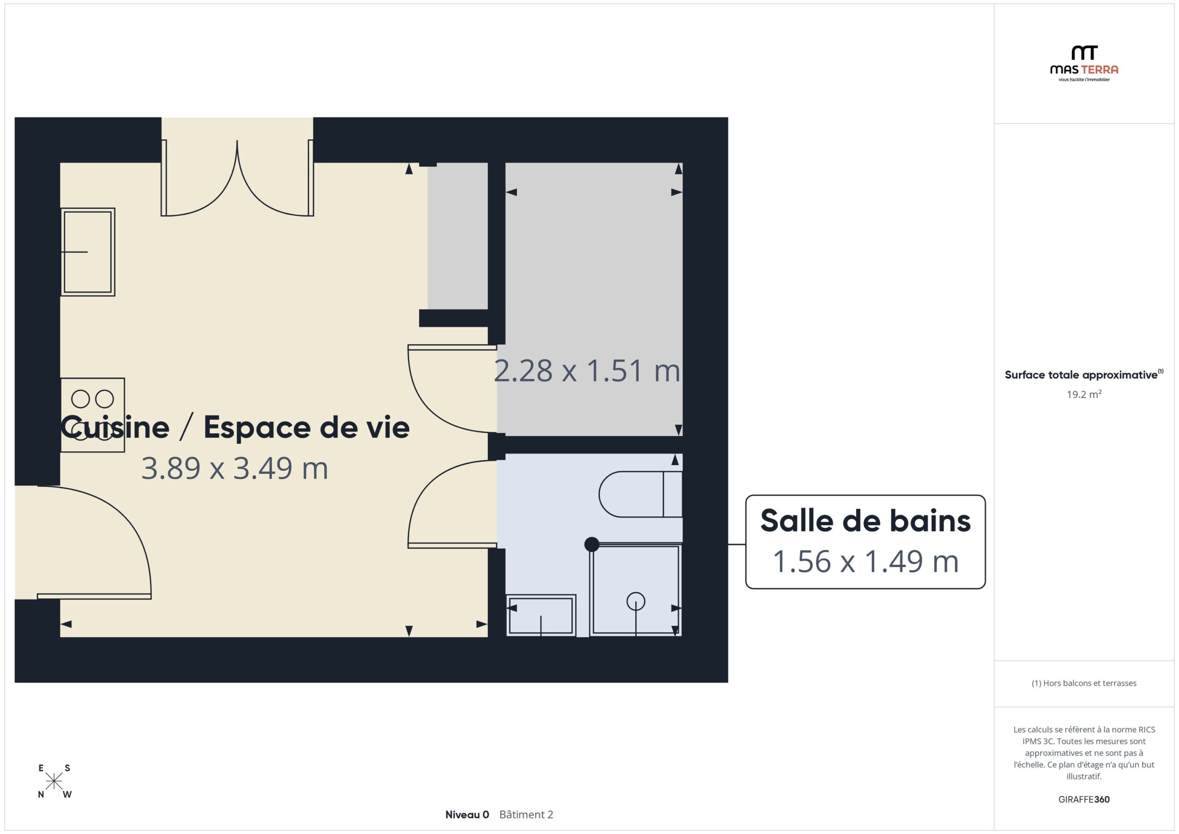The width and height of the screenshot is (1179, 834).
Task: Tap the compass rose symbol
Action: coord(54,781)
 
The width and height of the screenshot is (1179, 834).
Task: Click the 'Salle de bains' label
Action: coord(865,521)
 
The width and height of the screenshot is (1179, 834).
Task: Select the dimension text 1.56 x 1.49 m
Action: coord(866,561)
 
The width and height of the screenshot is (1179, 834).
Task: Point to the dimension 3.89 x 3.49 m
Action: coord(235,468)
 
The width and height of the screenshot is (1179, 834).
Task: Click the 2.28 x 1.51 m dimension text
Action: coord(587,370)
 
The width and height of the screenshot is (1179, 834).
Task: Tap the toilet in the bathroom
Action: coord(640,494)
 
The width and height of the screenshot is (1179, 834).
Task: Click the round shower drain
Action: coord(636,601)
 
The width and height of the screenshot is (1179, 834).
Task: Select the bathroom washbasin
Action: coord(541,615)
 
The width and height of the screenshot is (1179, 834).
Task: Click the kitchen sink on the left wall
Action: coord(88,251)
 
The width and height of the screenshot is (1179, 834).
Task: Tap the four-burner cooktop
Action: coord(93,415)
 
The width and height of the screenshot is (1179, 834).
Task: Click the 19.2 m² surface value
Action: coord(1084,394)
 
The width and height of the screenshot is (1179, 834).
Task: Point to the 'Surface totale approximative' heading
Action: coord(1084,374)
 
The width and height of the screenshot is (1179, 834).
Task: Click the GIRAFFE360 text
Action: coord(1084,799)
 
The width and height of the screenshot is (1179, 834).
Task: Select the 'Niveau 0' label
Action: coord(467,815)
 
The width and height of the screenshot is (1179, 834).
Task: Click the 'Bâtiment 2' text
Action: coord(526,815)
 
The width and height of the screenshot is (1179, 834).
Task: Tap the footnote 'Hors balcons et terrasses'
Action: coord(1084,683)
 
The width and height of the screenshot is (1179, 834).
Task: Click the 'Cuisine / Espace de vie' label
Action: coord(235,427)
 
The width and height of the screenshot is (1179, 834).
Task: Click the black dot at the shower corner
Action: coord(591,544)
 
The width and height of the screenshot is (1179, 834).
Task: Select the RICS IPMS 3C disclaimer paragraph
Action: coord(1084,753)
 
